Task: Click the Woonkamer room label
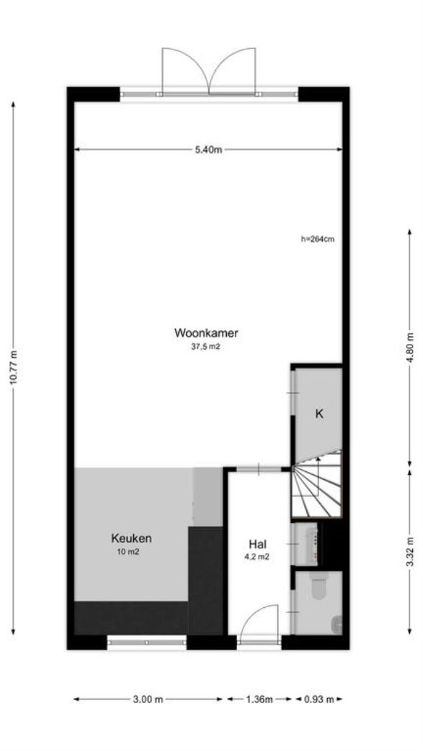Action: (x=205, y=333)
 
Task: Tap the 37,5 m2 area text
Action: (x=205, y=346)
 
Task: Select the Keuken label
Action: (x=131, y=539)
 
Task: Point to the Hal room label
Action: (x=258, y=544)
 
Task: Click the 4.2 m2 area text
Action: (x=258, y=556)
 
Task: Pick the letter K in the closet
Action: (x=320, y=413)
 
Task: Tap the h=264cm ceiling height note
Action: (x=318, y=240)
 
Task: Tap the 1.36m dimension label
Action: (x=259, y=699)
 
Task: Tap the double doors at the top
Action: (x=210, y=70)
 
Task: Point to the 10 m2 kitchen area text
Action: (x=129, y=552)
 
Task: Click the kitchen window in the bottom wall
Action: (x=147, y=642)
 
